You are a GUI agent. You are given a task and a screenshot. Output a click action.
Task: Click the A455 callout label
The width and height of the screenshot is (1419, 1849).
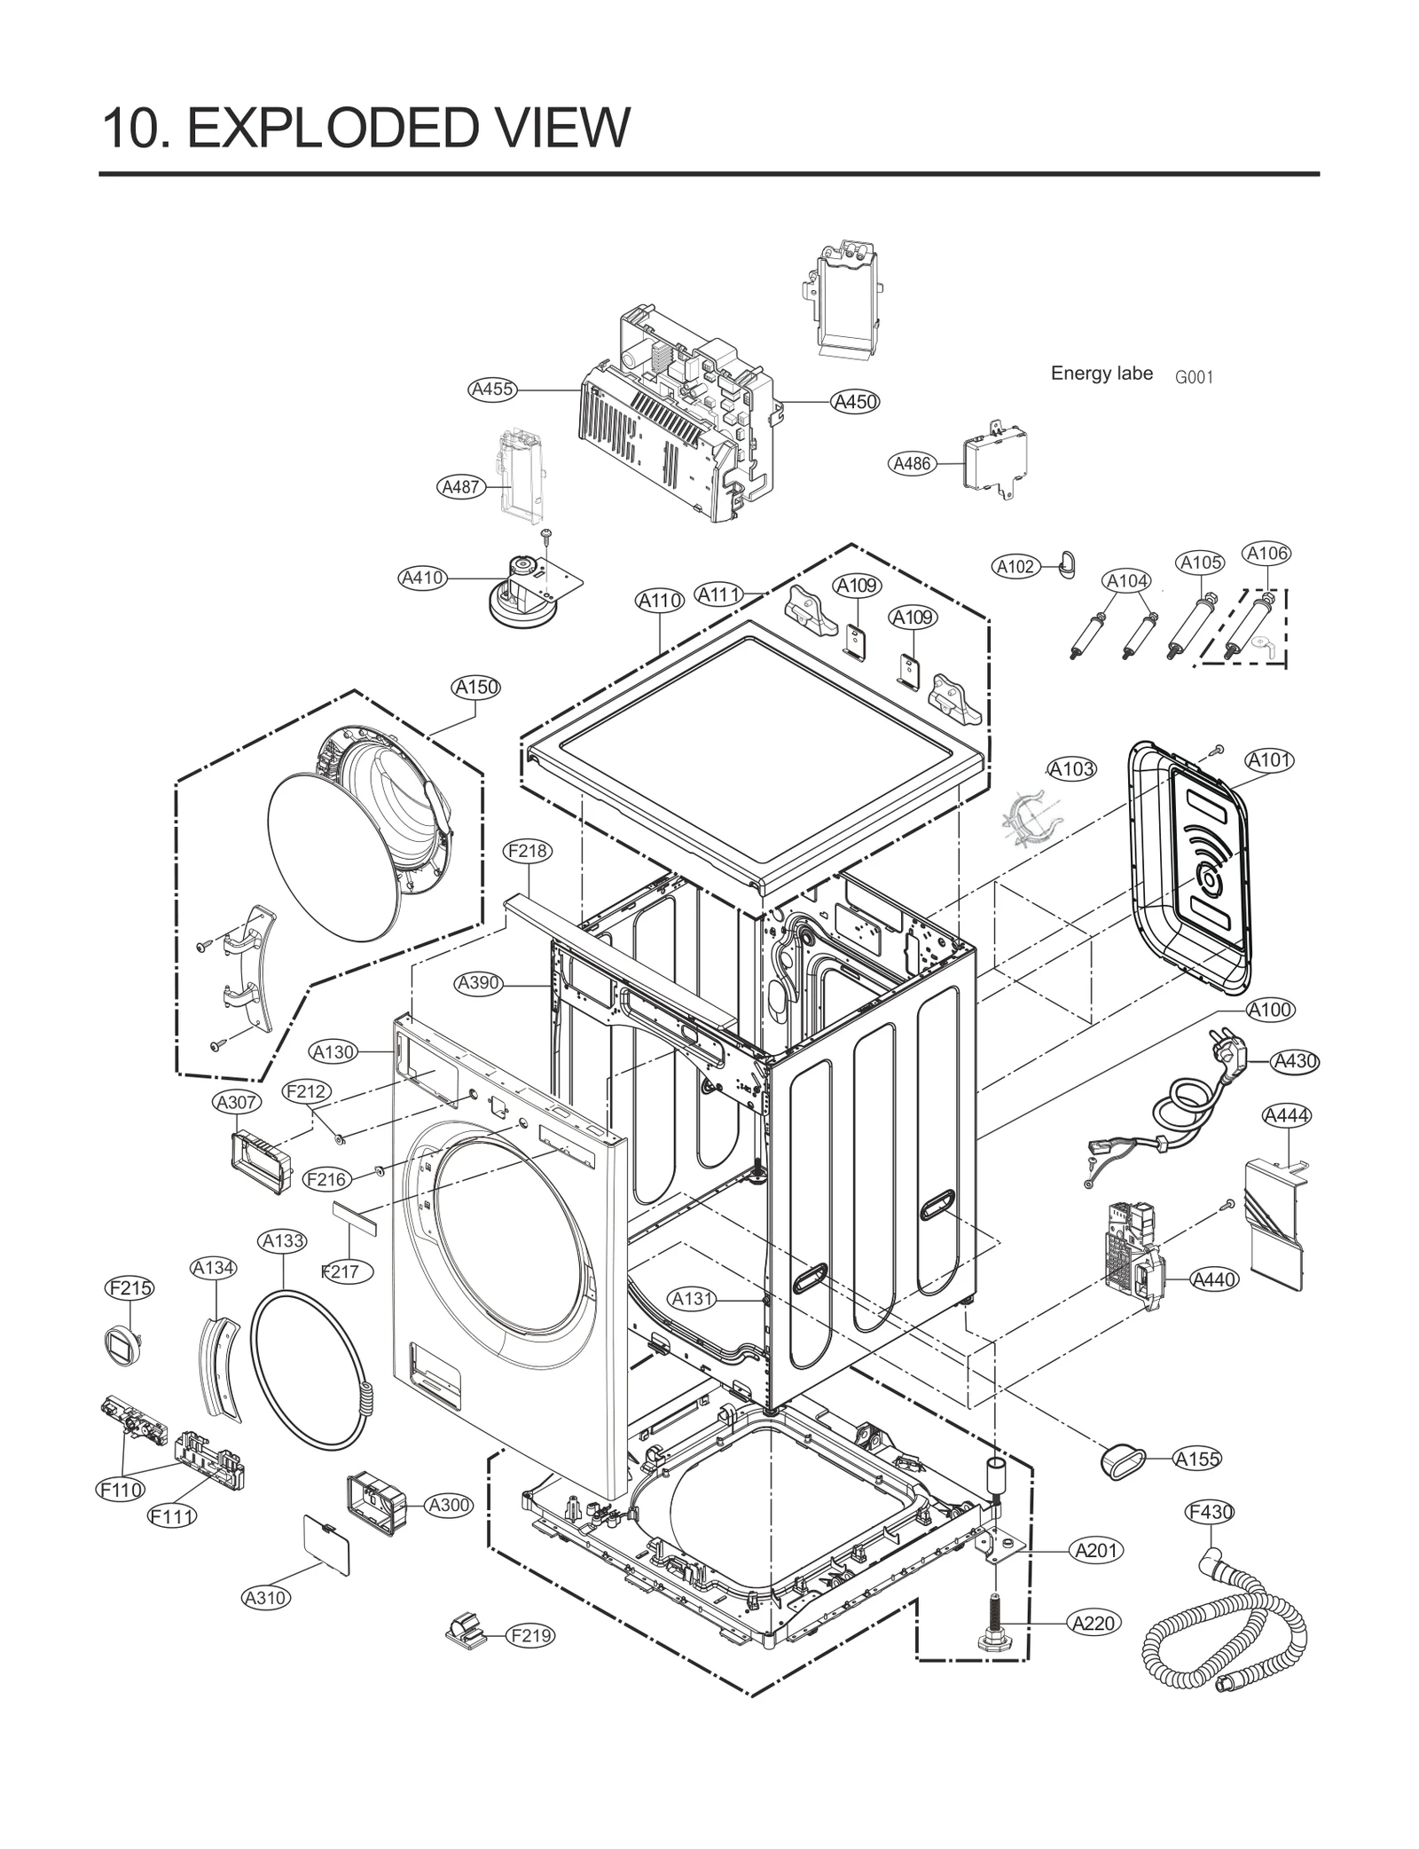pos(492,389)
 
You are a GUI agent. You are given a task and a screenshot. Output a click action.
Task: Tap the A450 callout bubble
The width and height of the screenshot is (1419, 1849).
pos(856,402)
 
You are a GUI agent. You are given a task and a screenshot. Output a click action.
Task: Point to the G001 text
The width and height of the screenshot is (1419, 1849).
pos(1194,377)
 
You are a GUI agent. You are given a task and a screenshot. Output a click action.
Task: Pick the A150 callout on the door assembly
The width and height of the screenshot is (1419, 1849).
pos(476,687)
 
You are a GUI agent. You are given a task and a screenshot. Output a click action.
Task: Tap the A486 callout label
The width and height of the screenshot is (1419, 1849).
pos(912,463)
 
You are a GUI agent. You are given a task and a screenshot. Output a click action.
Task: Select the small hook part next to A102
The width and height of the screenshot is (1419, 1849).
pos(1067,562)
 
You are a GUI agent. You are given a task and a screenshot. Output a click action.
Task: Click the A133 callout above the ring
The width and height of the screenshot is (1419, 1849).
pos(284,1241)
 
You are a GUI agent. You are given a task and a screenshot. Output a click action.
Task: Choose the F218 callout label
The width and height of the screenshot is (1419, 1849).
pos(528,851)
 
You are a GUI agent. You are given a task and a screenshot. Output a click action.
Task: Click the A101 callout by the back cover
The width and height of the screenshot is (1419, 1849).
pos(1269,760)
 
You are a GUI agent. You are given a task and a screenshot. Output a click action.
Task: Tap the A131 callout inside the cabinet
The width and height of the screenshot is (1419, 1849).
pos(692,1299)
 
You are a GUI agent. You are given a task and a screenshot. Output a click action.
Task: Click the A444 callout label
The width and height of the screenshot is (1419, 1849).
pos(1286,1115)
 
